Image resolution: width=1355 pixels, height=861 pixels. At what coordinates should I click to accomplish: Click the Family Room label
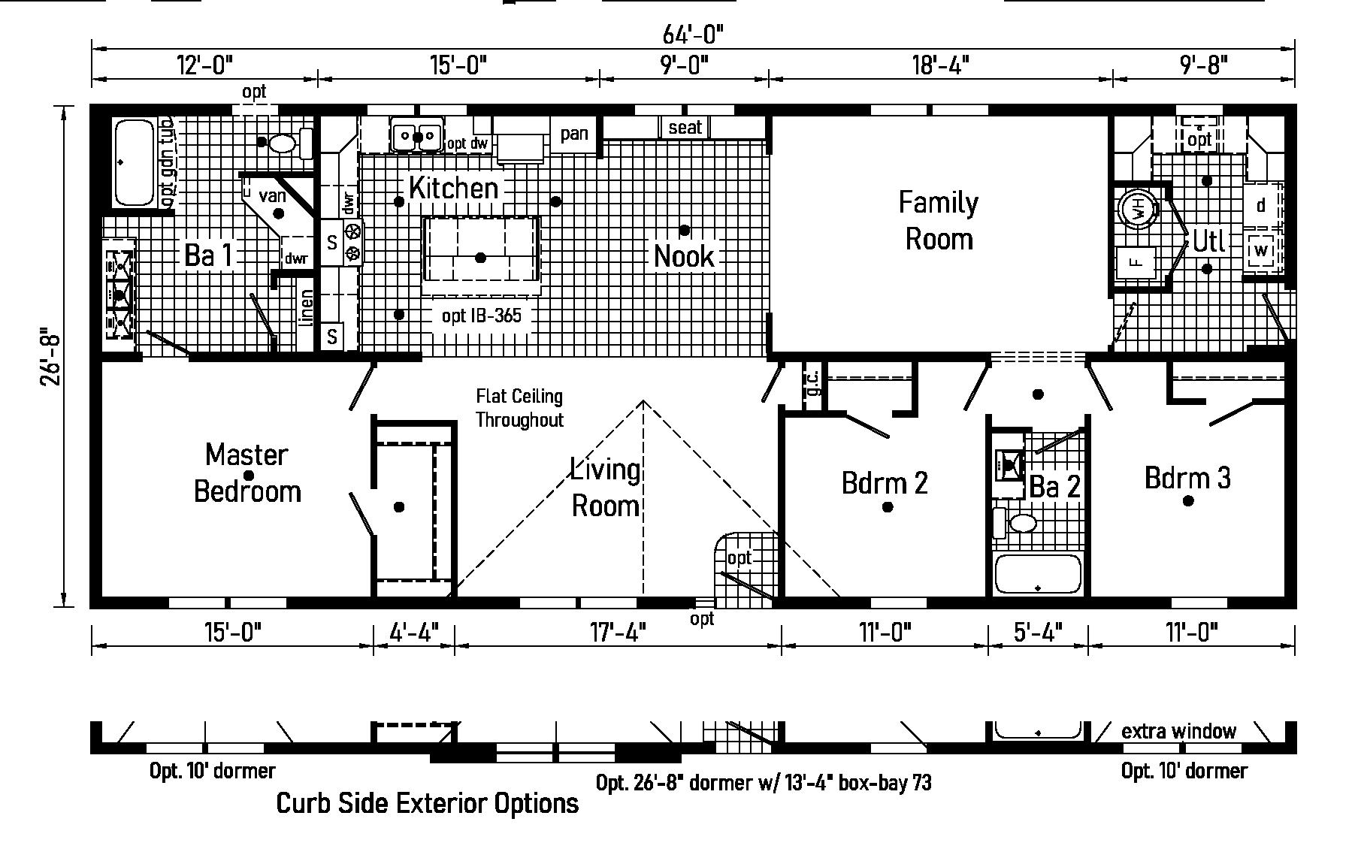[x=939, y=221]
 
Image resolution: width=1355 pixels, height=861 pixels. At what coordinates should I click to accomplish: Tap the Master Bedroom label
[x=247, y=473]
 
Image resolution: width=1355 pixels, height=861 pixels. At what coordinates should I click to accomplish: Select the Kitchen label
[x=454, y=188]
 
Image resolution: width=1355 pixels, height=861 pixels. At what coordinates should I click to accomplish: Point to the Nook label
[x=684, y=256]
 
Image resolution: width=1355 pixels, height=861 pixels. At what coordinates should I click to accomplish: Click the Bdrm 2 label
[x=885, y=482]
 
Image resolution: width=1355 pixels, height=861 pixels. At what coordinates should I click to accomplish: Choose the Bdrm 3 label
[x=1187, y=477]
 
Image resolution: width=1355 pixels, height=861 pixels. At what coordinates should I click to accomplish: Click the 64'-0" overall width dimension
[x=693, y=34]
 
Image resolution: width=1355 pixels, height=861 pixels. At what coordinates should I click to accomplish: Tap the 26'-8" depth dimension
[x=50, y=356]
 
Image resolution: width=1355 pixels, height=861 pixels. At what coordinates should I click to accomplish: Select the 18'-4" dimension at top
[x=940, y=65]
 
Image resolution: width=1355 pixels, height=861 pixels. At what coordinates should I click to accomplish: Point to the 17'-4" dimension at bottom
[x=617, y=633]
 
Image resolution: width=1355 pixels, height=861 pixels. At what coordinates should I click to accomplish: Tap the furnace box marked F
[x=1136, y=262]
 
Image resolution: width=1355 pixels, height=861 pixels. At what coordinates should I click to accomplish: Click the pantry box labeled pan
[x=574, y=134]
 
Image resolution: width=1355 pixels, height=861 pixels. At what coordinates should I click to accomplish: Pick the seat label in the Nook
[x=685, y=128]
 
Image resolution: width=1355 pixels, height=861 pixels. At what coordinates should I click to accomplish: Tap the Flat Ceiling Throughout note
[x=519, y=408]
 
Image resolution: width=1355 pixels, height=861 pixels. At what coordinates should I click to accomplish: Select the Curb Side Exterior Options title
[x=428, y=803]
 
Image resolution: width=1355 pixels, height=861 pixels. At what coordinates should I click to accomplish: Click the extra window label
[x=1178, y=731]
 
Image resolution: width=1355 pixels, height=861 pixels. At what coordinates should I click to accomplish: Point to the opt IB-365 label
[x=482, y=316]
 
